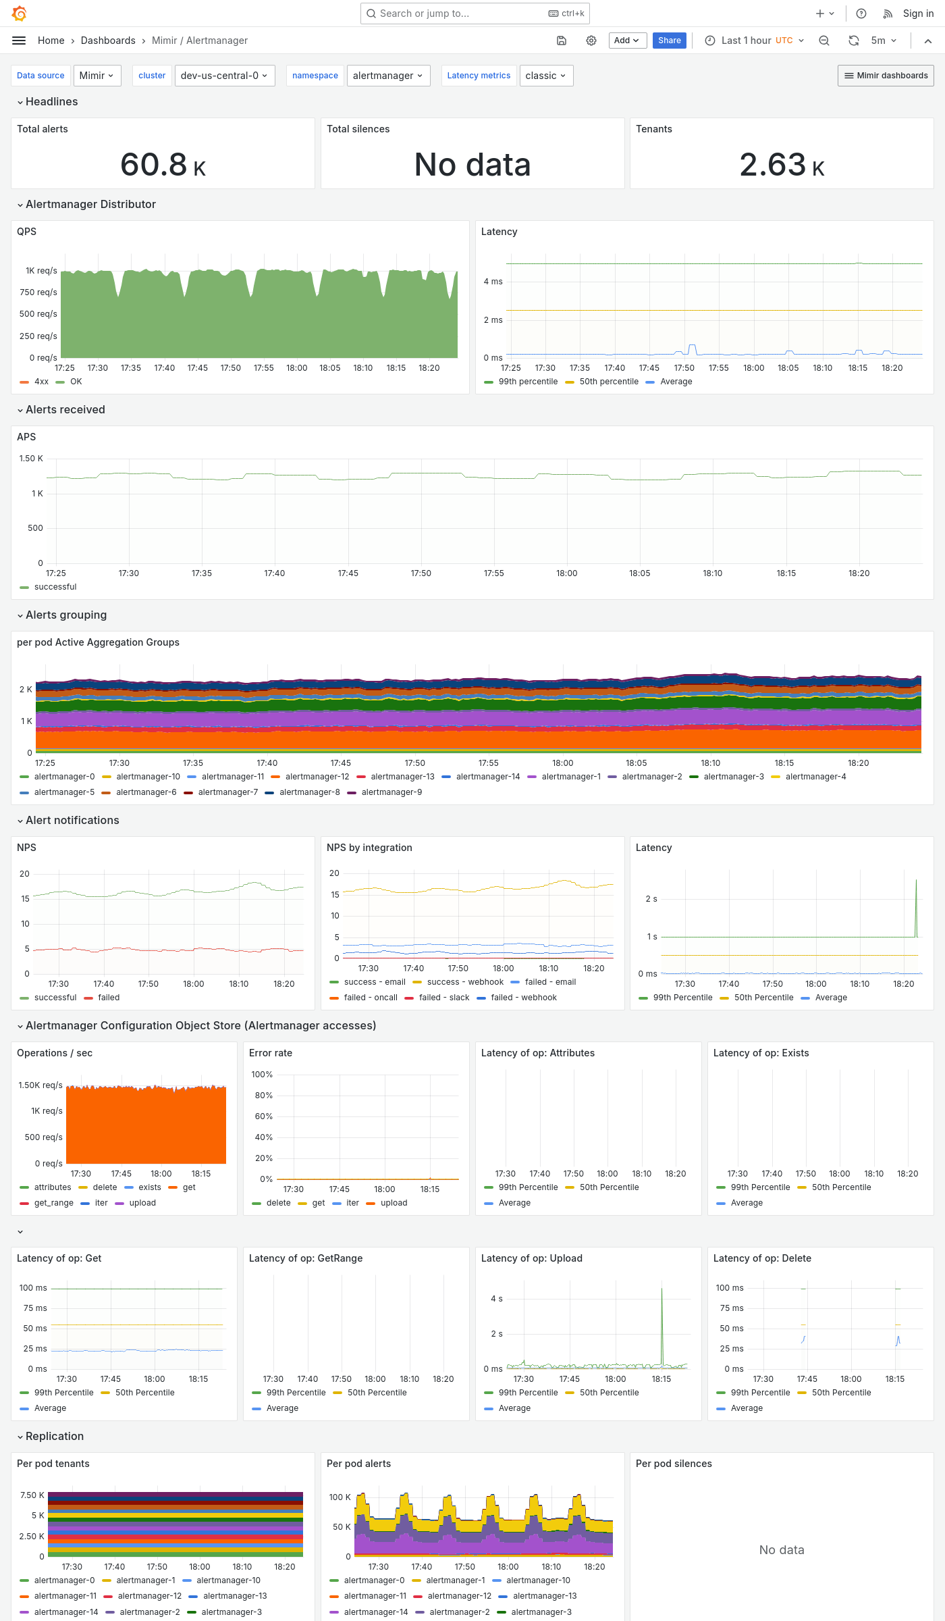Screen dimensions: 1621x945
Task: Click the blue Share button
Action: pyautogui.click(x=669, y=41)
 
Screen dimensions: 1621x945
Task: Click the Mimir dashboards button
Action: pyautogui.click(x=886, y=76)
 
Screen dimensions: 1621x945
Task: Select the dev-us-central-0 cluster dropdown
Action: pyautogui.click(x=223, y=76)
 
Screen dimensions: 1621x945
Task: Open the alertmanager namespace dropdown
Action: pyautogui.click(x=387, y=76)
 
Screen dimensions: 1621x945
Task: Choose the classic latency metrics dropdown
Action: pyautogui.click(x=545, y=76)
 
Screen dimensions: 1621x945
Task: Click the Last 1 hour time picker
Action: pyautogui.click(x=755, y=41)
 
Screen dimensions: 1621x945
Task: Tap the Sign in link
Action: pyautogui.click(x=918, y=14)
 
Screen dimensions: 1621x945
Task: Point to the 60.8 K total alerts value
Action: pyautogui.click(x=163, y=165)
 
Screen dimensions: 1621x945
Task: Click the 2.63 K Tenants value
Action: pyautogui.click(x=782, y=165)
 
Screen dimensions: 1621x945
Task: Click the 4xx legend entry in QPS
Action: pyautogui.click(x=41, y=382)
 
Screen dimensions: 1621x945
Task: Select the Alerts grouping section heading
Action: pyautogui.click(x=66, y=615)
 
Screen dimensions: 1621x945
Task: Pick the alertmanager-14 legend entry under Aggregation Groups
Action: pyautogui.click(x=487, y=777)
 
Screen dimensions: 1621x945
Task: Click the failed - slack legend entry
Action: pyautogui.click(x=443, y=998)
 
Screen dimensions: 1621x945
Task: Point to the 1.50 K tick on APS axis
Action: pyautogui.click(x=31, y=459)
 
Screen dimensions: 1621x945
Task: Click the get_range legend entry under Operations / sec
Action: pyautogui.click(x=53, y=1203)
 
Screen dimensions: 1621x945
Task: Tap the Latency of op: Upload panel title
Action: pyautogui.click(x=531, y=1258)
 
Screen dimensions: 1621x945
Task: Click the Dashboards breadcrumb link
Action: pyautogui.click(x=108, y=41)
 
